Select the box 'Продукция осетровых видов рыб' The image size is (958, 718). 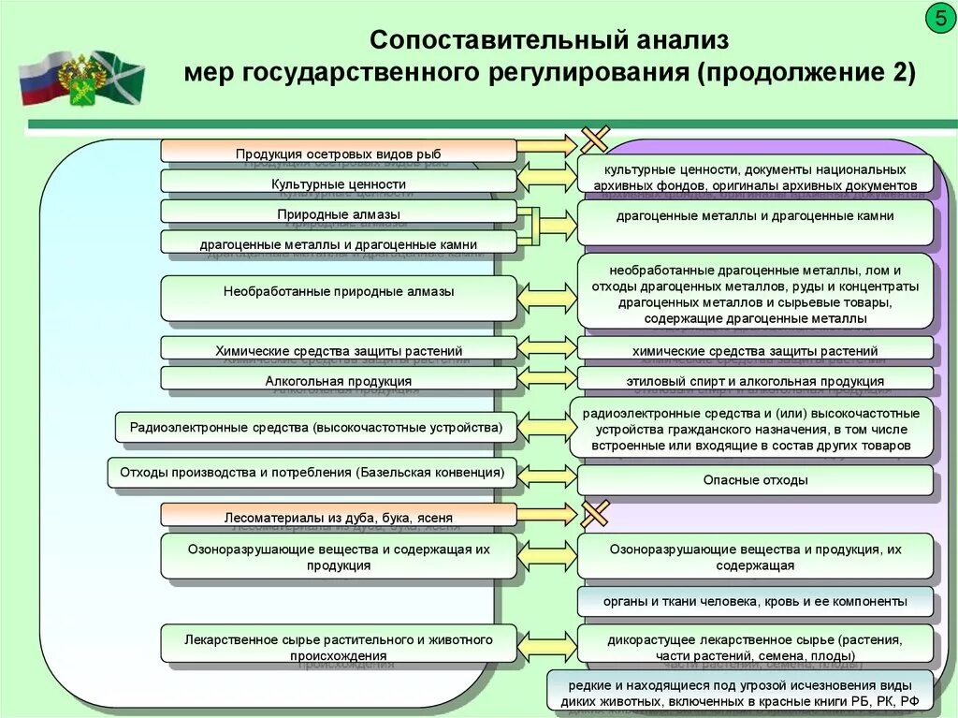tap(338, 151)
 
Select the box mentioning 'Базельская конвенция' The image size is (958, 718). tap(312, 473)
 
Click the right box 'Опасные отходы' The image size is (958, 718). tap(755, 480)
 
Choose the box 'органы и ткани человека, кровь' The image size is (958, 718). tap(755, 601)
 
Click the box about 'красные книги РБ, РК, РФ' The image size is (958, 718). tap(740, 692)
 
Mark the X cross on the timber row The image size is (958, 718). tap(595, 513)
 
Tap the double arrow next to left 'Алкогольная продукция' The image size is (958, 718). tap(546, 378)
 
